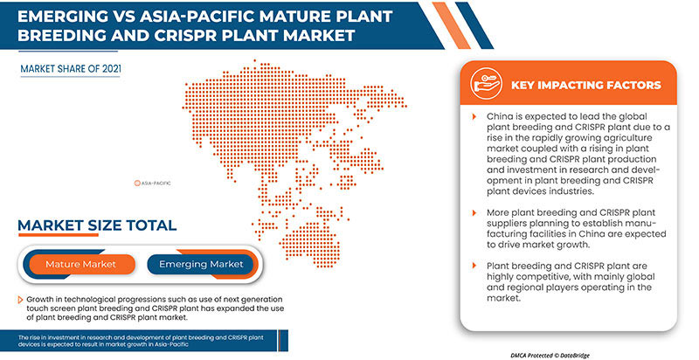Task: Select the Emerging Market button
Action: pos(200,263)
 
